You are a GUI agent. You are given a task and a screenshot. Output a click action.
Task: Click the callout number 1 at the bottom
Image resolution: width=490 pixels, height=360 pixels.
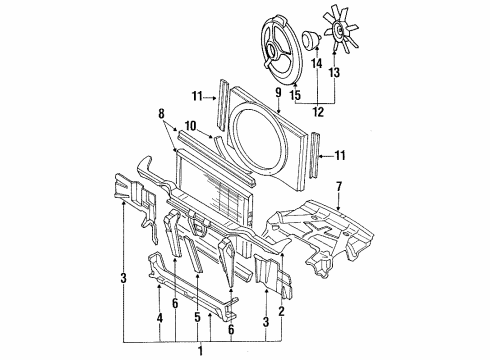[200, 351]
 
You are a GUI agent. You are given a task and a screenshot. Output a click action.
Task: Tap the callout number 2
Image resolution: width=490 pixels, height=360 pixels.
[282, 311]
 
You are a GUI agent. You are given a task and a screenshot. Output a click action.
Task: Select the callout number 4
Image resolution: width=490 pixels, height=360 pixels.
[160, 318]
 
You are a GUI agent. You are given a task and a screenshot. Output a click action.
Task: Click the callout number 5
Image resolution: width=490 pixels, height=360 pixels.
[198, 317]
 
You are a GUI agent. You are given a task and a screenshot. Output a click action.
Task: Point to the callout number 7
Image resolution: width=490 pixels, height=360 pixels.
[339, 187]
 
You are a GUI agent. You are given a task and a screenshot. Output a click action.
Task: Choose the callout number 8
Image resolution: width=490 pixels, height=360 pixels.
[161, 114]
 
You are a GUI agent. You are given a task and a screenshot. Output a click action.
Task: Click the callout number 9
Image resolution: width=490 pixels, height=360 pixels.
[278, 93]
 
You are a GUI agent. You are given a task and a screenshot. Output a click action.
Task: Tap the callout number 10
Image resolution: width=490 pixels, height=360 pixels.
[190, 126]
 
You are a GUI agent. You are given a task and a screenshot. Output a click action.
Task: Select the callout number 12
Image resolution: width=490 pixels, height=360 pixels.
[318, 112]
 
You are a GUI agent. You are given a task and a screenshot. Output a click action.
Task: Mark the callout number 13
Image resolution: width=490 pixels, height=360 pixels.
[334, 72]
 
